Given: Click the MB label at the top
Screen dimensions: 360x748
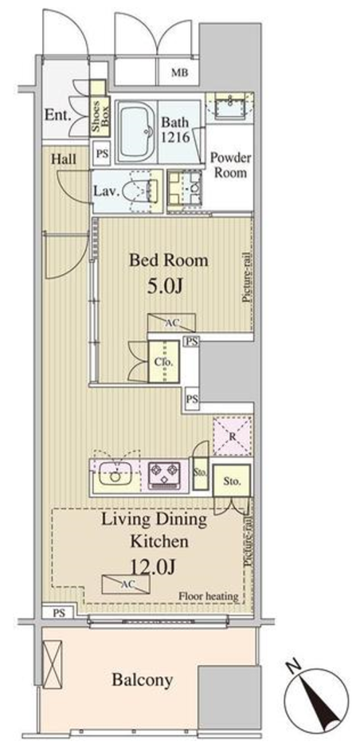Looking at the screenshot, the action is point(180,73).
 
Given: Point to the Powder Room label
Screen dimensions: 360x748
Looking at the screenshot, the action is point(231,165).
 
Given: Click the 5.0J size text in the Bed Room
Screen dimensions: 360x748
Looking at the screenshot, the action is point(166,288).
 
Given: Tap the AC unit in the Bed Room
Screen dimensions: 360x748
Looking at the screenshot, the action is point(171,323).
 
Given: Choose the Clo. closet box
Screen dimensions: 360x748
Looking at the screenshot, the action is point(164,362).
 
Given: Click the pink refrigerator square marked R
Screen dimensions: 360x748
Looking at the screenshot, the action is point(233,435).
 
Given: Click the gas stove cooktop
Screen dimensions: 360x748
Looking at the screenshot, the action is point(164,475).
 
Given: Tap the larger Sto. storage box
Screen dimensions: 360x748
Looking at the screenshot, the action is point(231,480).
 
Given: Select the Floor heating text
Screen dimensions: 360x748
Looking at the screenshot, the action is point(209,597).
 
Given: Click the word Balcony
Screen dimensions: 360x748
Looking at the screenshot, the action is point(143,680).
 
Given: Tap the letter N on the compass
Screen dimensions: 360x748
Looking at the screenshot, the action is point(295,664).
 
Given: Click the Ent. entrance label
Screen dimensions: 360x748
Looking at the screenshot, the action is point(57,115).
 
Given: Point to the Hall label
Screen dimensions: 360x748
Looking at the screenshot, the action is point(64,159).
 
